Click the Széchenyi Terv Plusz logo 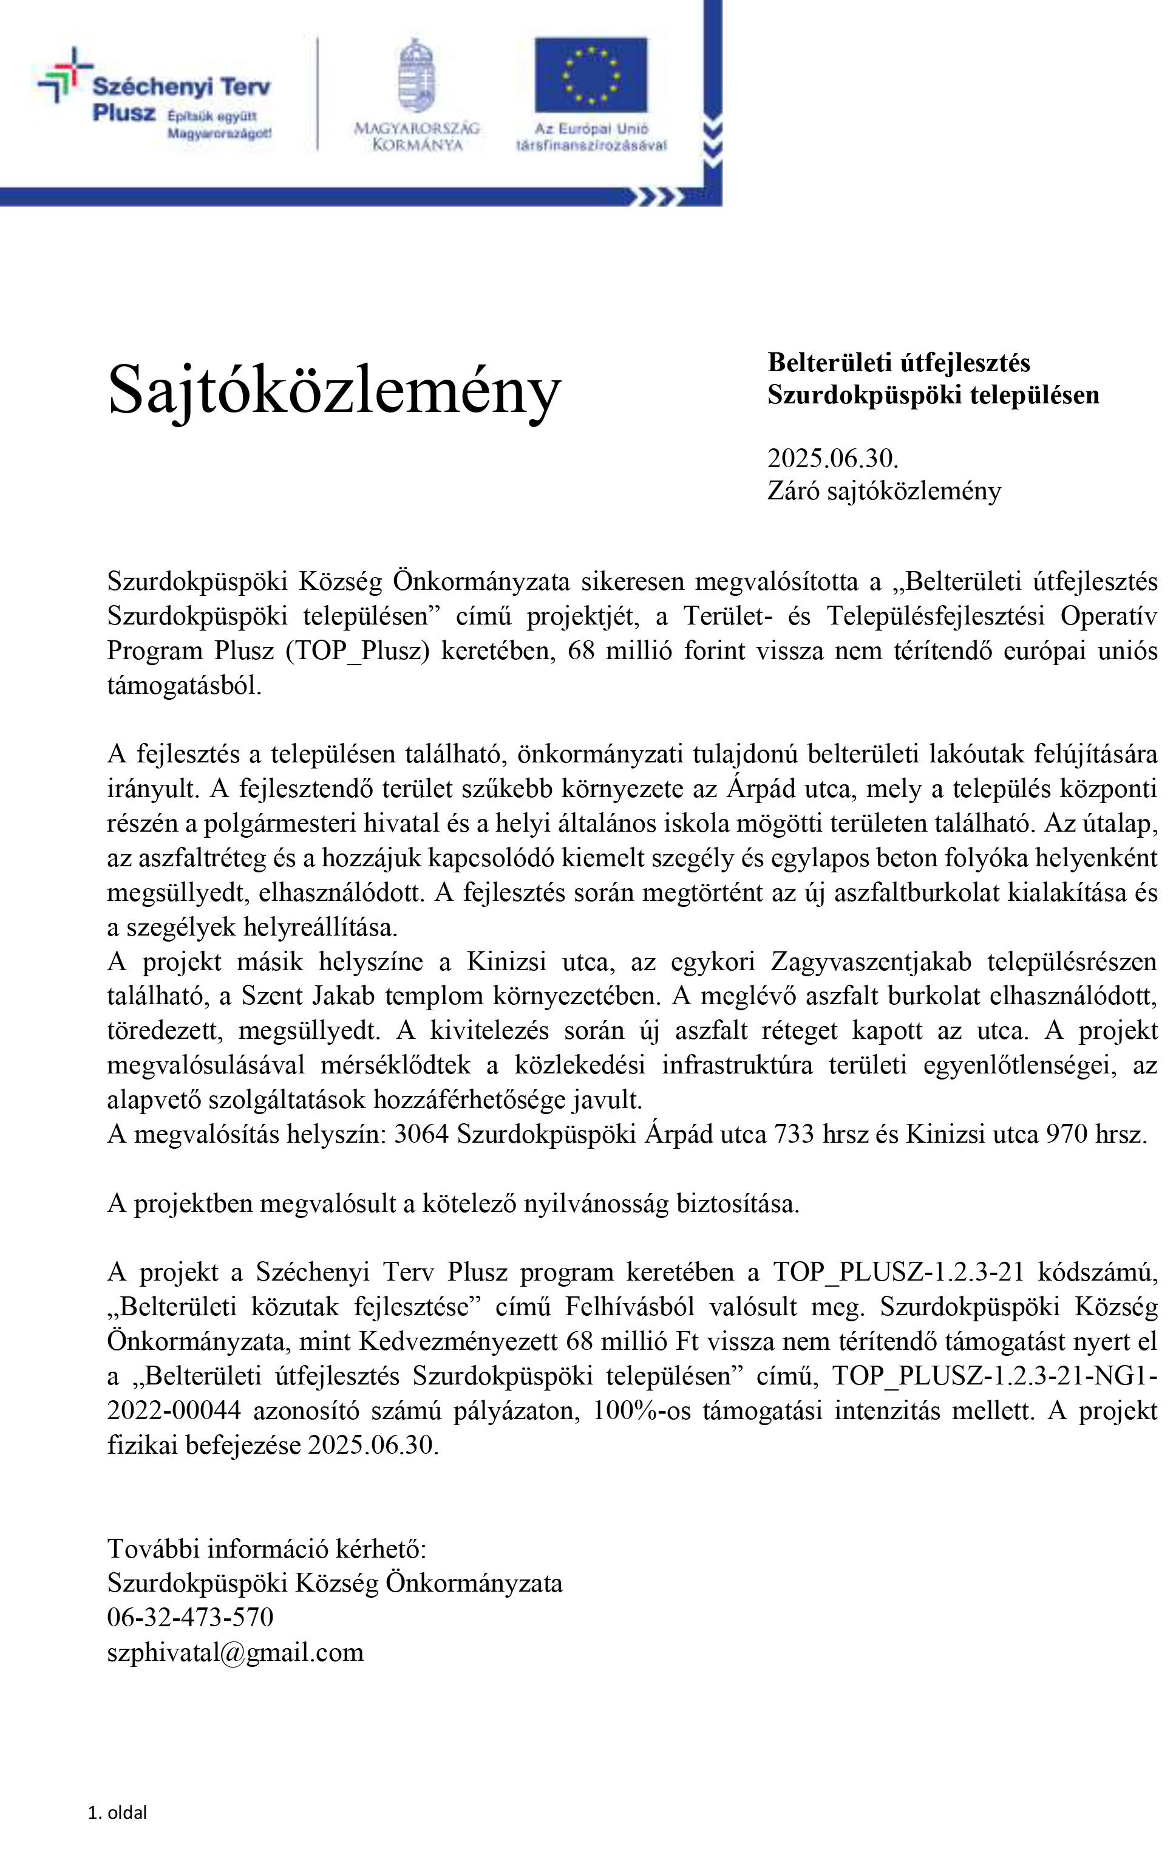(155, 97)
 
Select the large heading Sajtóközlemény (334, 389)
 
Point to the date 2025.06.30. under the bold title (832, 457)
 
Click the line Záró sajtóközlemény (883, 490)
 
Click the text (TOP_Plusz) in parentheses (357, 651)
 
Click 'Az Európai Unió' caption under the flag (591, 129)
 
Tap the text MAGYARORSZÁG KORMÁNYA (416, 136)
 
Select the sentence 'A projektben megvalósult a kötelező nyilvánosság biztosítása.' (453, 1203)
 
